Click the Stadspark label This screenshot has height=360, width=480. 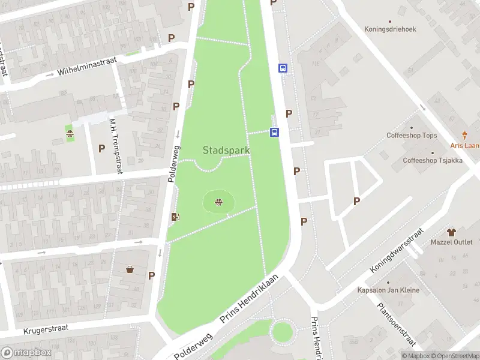pyautogui.click(x=222, y=149)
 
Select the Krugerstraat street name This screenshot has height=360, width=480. pyautogui.click(x=46, y=329)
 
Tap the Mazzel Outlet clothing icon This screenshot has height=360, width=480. pyautogui.click(x=452, y=231)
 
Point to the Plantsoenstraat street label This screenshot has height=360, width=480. pyautogui.click(x=397, y=324)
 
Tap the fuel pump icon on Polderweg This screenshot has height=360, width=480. pyautogui.click(x=175, y=217)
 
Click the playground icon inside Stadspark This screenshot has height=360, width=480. pyautogui.click(x=218, y=202)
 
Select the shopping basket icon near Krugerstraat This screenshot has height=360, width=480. pyautogui.click(x=130, y=269)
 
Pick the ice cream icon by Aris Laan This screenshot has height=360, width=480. pyautogui.click(x=464, y=136)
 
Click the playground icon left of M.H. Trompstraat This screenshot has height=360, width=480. pyautogui.click(x=70, y=134)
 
